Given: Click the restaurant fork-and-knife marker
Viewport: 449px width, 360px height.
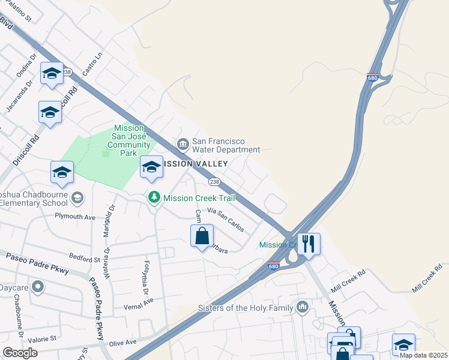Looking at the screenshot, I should pyautogui.click(x=309, y=244).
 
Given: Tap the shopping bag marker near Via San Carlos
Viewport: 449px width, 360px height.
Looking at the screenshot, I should pyautogui.click(x=202, y=235).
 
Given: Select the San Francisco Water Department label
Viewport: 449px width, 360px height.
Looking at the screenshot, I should pyautogui.click(x=226, y=145).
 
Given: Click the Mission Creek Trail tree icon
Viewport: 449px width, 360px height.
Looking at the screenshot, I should pyautogui.click(x=154, y=197).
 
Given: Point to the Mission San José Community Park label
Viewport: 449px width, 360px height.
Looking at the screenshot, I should pyautogui.click(x=129, y=140).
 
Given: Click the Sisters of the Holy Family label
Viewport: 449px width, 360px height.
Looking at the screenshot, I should pyautogui.click(x=246, y=308).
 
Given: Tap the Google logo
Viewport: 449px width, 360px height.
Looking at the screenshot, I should pyautogui.click(x=20, y=352).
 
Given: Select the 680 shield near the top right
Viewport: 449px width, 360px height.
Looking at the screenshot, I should pyautogui.click(x=372, y=77).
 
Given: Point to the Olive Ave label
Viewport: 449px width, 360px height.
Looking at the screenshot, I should pyautogui.click(x=122, y=342).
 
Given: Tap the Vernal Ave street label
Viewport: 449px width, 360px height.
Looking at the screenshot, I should pyautogui.click(x=139, y=300).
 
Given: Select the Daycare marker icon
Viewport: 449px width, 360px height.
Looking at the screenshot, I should pyautogui.click(x=38, y=287).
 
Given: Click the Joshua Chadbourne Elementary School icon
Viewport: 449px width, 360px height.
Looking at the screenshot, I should pyautogui.click(x=77, y=197).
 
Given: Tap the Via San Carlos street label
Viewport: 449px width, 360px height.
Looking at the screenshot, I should pyautogui.click(x=225, y=219).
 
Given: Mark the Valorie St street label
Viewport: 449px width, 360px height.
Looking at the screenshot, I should pyautogui.click(x=41, y=338).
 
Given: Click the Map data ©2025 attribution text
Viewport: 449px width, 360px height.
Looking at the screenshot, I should pyautogui.click(x=423, y=355).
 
